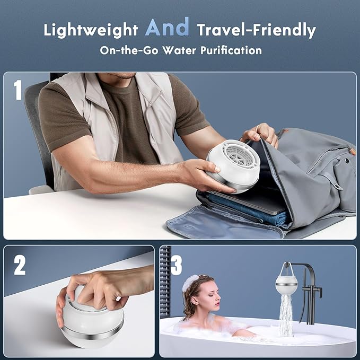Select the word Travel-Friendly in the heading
coord(256,30)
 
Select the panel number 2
coord(20,265)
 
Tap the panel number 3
coord(177,265)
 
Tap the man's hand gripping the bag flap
coord(261,134)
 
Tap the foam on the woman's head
coord(190,283)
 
